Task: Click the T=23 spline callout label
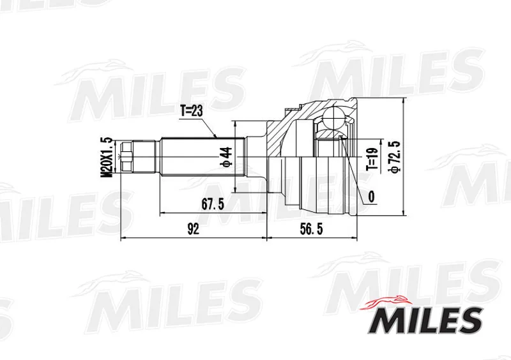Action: [192, 111]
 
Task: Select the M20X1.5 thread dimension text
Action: [107, 158]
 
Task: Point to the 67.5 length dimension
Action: [213, 204]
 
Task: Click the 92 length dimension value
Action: [194, 229]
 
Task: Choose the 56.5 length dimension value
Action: [311, 229]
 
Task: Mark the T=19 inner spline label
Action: [372, 160]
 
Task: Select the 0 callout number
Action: [371, 197]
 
